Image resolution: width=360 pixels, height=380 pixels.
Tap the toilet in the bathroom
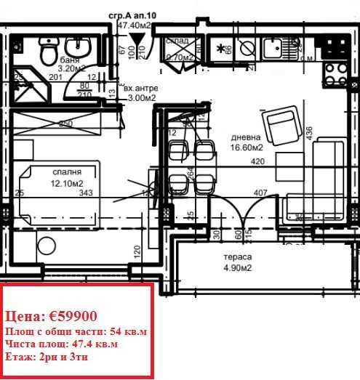click(49, 52)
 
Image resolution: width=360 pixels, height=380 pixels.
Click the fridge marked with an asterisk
click(220, 49)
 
